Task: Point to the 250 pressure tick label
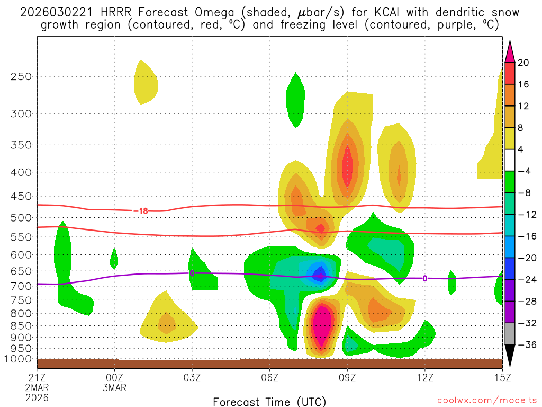[x=20, y=76]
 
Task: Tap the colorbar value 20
[x=523, y=63]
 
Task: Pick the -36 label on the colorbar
[x=525, y=344]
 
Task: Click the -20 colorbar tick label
[x=525, y=258]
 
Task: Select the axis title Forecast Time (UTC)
[x=269, y=401]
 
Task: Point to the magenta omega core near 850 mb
[x=322, y=326]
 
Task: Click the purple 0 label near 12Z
[x=424, y=279]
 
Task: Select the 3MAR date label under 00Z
[x=115, y=387]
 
